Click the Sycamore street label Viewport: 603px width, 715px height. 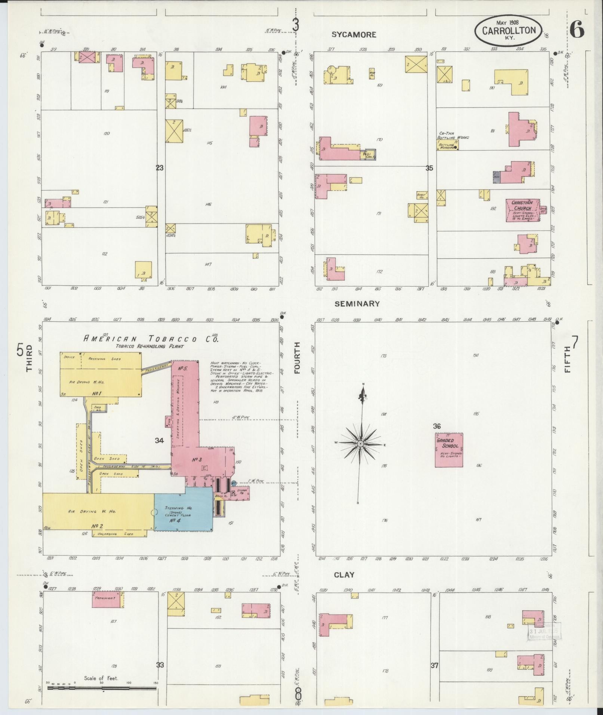354,35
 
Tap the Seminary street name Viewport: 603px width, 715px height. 357,304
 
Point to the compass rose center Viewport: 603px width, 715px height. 361,443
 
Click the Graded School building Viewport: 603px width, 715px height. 449,450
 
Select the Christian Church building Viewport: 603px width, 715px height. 522,210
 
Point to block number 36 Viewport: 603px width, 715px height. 437,426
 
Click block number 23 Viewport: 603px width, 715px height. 160,168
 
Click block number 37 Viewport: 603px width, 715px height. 434,665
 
